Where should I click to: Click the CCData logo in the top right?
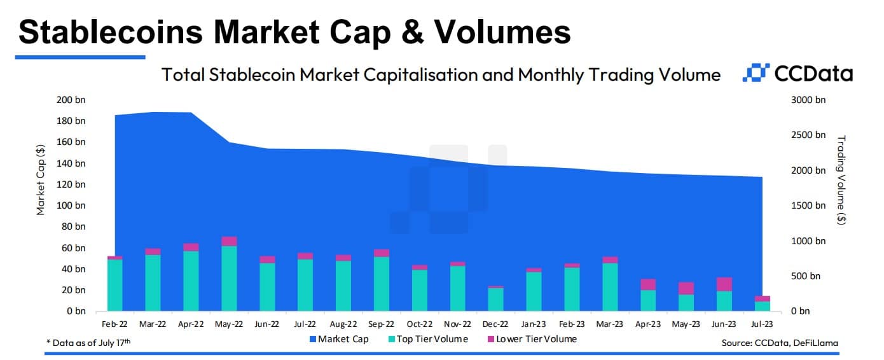click(x=798, y=74)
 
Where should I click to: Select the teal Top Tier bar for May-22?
click(x=229, y=279)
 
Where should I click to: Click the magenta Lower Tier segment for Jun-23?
click(x=724, y=284)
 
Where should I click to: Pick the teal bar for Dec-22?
click(x=495, y=300)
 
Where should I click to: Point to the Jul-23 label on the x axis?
click(x=762, y=324)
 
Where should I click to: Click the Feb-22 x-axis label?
click(x=114, y=324)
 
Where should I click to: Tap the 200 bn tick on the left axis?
click(x=71, y=100)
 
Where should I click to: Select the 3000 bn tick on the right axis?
click(x=808, y=100)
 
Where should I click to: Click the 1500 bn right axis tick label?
click(x=808, y=205)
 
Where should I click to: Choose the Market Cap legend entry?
click(x=338, y=339)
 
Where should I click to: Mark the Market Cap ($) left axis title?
click(x=41, y=179)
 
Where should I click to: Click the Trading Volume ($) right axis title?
click(x=841, y=179)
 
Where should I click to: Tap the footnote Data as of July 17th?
click(x=89, y=343)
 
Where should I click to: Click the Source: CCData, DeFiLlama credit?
click(x=780, y=343)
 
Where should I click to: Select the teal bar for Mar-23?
click(x=610, y=287)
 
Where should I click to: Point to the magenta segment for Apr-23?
click(x=648, y=284)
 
